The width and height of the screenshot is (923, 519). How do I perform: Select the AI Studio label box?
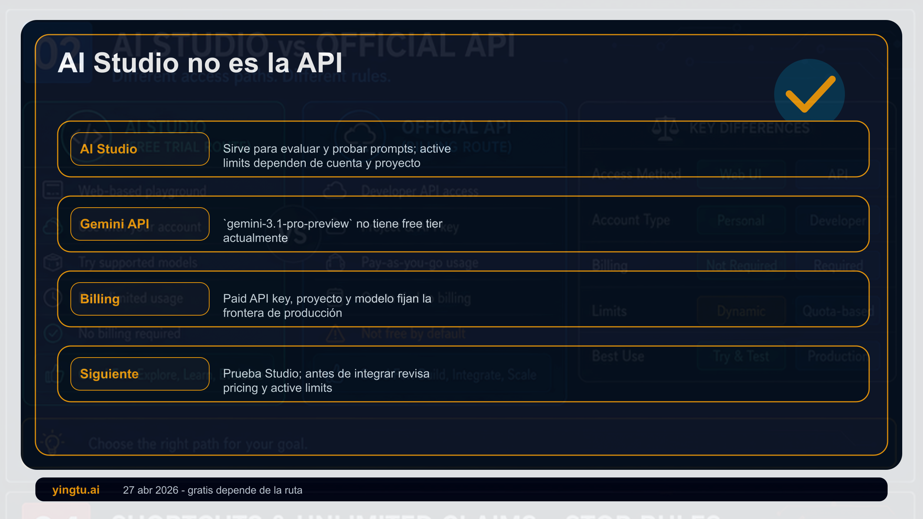[x=140, y=149]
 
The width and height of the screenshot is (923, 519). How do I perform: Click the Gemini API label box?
[x=140, y=224]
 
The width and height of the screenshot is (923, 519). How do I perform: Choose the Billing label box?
[x=140, y=299]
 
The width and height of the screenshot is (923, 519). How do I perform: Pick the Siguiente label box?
[x=140, y=374]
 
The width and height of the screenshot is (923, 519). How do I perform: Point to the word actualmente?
[x=255, y=238]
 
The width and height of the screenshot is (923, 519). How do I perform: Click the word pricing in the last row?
[x=240, y=388]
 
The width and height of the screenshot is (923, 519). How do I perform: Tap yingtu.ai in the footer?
[x=76, y=490]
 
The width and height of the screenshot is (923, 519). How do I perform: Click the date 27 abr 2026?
[x=150, y=490]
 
